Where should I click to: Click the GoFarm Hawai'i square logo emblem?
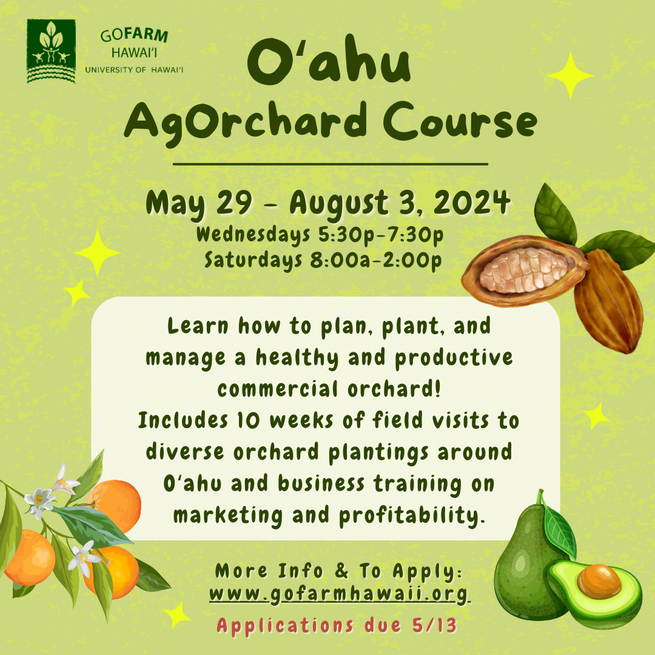pos(52,51)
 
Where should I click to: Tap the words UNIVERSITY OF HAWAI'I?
pos(134,70)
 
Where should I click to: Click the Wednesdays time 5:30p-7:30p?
pos(380,235)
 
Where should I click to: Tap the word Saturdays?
pos(253,260)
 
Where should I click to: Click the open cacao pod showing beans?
pos(525,270)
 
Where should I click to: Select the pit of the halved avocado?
pos(599,581)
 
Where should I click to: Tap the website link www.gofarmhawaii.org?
pos(339,594)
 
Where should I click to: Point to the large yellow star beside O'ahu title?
pos(570,76)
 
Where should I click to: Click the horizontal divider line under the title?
pos(331,164)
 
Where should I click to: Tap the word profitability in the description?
pos(412,516)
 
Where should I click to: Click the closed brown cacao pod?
pos(608,301)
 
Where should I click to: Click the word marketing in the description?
pos(228,516)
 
